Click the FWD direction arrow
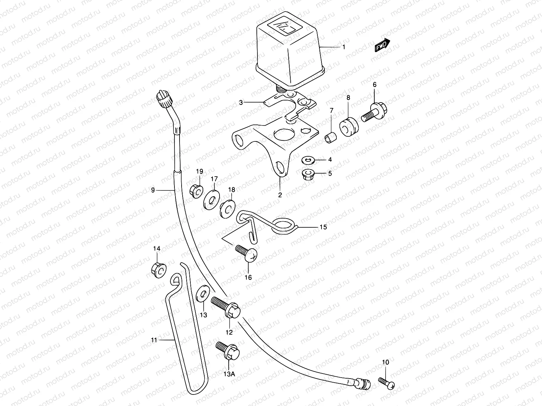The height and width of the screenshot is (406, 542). [x=382, y=45]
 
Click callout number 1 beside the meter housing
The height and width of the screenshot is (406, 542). [x=343, y=47]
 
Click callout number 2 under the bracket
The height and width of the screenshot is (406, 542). [x=280, y=195]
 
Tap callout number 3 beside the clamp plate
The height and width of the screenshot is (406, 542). [x=241, y=102]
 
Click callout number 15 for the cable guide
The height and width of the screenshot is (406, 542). [x=323, y=227]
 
